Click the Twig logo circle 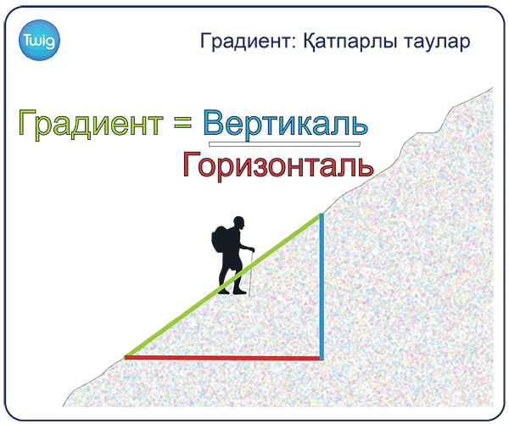click(39, 40)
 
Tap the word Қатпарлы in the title click(350, 42)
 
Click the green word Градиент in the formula click(91, 123)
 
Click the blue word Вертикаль click(286, 124)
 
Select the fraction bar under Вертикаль click(284, 144)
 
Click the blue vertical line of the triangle click(322, 287)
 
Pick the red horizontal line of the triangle click(223, 358)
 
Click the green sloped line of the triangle click(222, 286)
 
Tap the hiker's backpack click(220, 241)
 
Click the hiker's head click(239, 222)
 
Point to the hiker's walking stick click(251, 273)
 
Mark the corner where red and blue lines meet click(322, 358)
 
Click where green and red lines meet click(126, 357)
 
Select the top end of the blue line click(322, 214)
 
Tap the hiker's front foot click(239, 293)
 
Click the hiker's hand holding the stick click(252, 250)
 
